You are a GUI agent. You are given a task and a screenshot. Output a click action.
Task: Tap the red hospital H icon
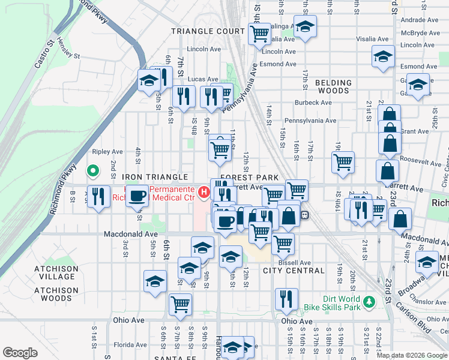click(x=204, y=193)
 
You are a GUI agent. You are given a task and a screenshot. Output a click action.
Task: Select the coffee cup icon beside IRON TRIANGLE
click(x=137, y=195)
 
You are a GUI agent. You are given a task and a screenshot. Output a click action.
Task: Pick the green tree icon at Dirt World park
click(x=371, y=299)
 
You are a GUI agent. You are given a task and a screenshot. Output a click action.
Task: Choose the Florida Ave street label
click(x=130, y=345)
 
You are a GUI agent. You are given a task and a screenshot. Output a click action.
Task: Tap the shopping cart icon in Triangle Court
click(x=259, y=35)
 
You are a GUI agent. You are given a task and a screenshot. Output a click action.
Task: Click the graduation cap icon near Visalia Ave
click(x=305, y=27)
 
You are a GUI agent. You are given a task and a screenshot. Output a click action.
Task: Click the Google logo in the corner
click(x=20, y=353)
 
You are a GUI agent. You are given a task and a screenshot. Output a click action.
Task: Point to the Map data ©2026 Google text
click(x=411, y=355)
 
